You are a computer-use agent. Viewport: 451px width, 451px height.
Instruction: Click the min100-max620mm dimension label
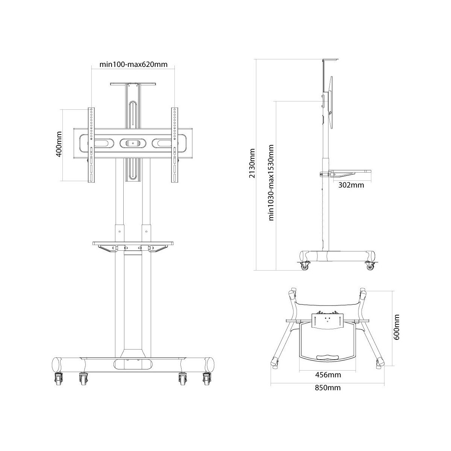133,64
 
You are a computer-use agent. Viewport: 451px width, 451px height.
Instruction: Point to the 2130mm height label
252,163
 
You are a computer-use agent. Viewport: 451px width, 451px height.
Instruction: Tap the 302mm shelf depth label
351,185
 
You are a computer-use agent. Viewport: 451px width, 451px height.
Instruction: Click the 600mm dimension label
396,327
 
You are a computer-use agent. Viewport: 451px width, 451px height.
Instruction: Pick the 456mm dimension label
328,381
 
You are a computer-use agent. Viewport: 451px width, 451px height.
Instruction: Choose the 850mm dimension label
328,394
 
